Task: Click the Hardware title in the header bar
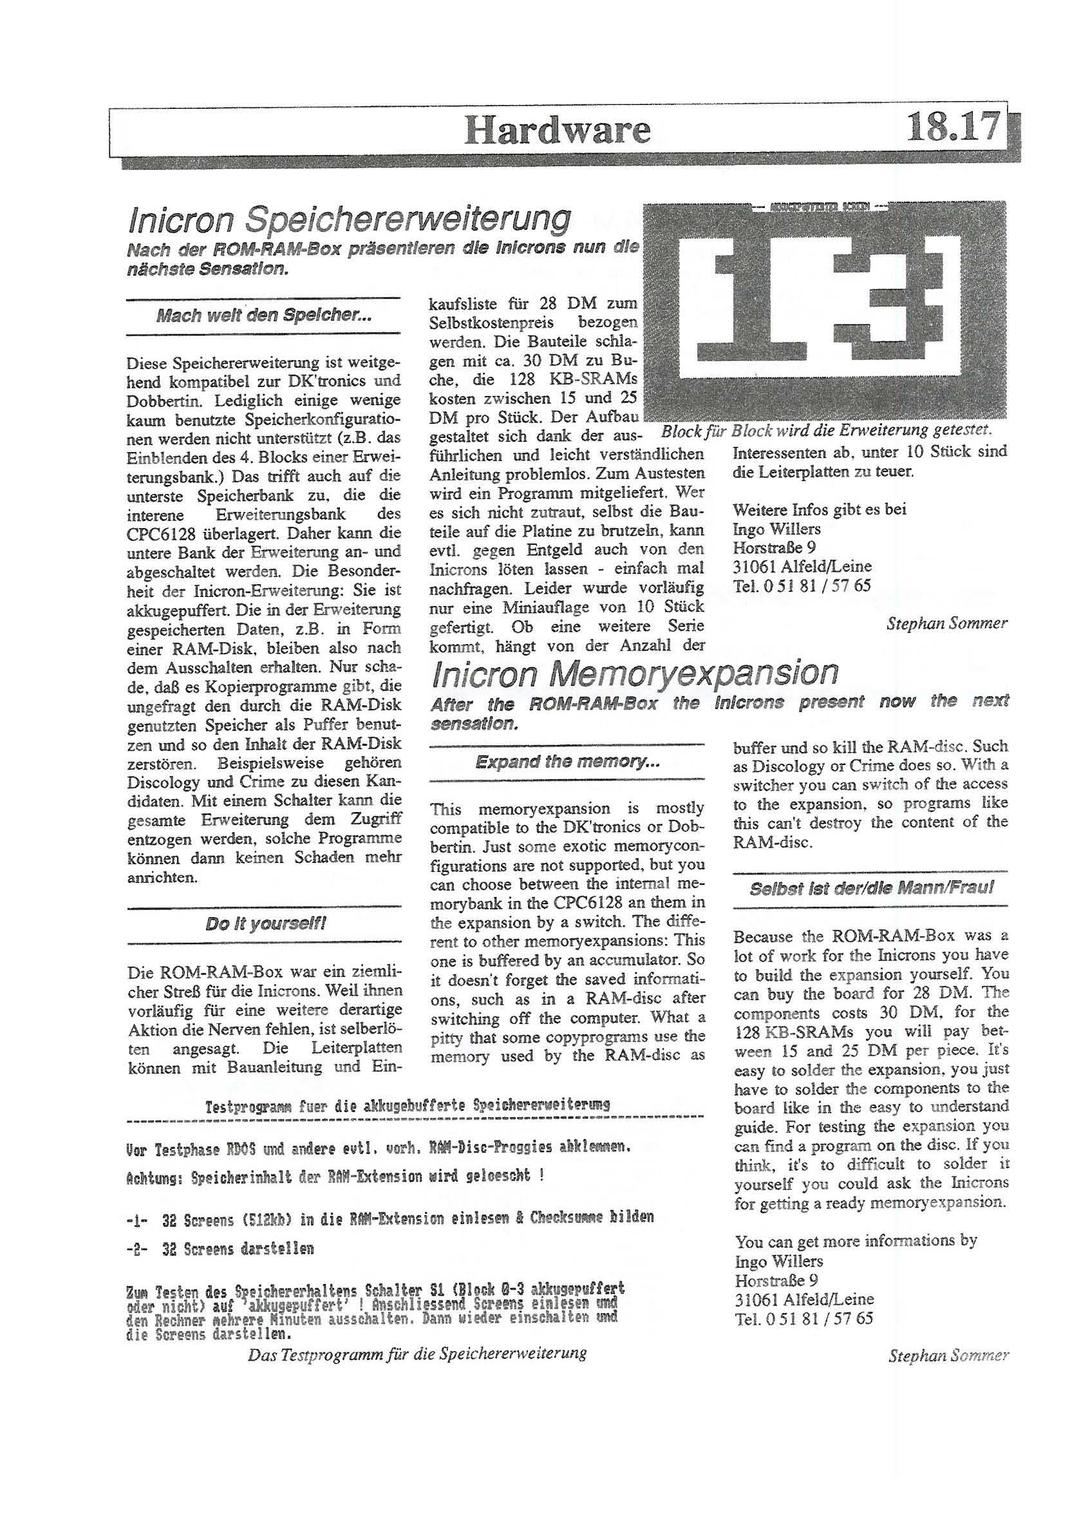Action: tap(557, 130)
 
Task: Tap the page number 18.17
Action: tap(953, 128)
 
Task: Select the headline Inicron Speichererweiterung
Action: tap(349, 220)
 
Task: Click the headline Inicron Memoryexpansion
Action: tap(634, 672)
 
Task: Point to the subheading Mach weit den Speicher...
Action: tap(264, 316)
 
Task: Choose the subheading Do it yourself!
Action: tap(265, 924)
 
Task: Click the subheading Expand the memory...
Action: tap(567, 762)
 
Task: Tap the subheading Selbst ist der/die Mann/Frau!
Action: tap(871, 887)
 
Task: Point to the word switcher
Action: tap(765, 785)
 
